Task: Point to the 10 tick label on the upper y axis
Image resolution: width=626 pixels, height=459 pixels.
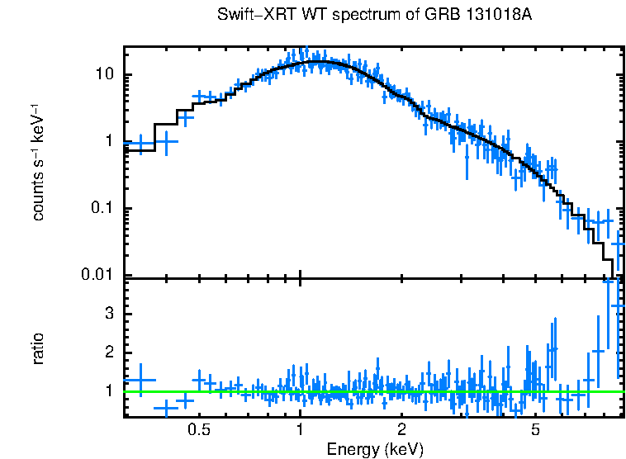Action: click(x=106, y=75)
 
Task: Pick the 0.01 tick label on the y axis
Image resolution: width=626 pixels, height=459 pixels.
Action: click(x=100, y=275)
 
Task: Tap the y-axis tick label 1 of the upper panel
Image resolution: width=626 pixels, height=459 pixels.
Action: click(x=111, y=142)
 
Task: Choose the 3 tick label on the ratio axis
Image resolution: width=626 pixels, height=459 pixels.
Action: click(x=111, y=315)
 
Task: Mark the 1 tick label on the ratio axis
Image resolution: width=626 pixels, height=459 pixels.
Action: click(x=111, y=391)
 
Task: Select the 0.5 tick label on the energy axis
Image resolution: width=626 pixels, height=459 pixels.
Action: click(x=198, y=430)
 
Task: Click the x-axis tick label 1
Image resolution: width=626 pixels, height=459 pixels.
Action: click(x=300, y=430)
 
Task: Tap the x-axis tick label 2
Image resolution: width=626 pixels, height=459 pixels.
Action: click(x=401, y=430)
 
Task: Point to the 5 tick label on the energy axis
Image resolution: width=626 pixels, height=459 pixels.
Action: click(x=535, y=430)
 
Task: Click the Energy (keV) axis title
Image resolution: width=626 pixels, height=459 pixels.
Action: click(x=375, y=449)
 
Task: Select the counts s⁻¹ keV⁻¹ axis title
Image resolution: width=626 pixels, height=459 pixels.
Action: click(x=38, y=161)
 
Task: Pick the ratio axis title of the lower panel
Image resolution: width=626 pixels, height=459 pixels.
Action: click(x=38, y=348)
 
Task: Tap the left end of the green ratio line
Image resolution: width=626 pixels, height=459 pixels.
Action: click(x=126, y=391)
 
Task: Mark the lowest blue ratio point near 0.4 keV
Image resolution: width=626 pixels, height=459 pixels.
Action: click(x=166, y=408)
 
